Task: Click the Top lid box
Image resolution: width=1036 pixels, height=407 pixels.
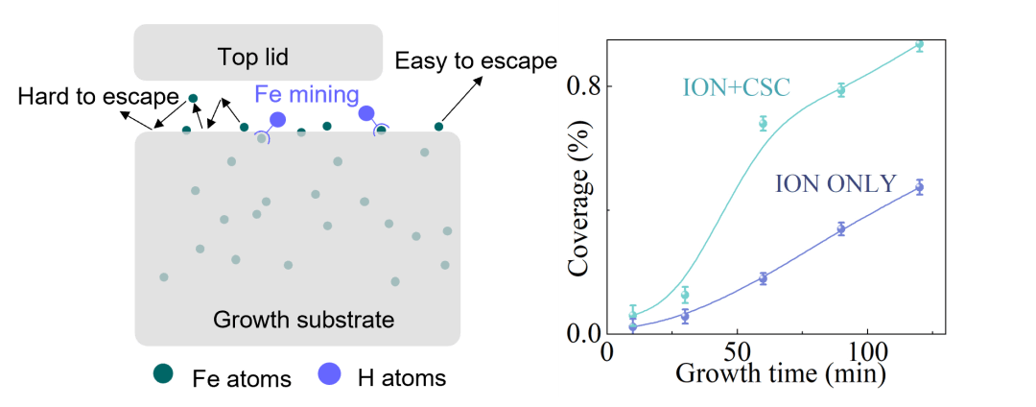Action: click(258, 53)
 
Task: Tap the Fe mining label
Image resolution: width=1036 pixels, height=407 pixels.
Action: click(306, 95)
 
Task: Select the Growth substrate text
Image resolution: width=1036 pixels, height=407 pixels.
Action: click(303, 319)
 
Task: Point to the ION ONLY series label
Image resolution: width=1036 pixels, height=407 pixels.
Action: click(836, 182)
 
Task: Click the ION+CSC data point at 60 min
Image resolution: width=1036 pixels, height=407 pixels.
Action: click(763, 123)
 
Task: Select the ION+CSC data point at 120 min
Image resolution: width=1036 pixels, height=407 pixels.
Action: click(919, 44)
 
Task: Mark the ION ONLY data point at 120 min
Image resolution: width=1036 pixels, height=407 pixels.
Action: click(919, 187)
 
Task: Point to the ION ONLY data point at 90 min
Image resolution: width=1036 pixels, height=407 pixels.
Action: click(841, 228)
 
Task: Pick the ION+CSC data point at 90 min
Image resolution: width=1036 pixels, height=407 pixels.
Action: click(841, 89)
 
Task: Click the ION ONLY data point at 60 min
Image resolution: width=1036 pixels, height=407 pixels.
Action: click(763, 278)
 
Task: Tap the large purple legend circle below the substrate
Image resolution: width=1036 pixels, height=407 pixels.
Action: click(330, 374)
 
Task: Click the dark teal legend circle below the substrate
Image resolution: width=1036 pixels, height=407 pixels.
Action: click(164, 374)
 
